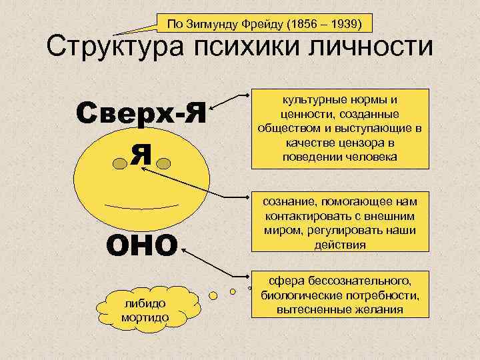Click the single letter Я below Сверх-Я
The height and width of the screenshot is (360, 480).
coord(141,155)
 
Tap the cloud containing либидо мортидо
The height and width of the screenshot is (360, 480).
coord(145,309)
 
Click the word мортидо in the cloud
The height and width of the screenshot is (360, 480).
coord(145,316)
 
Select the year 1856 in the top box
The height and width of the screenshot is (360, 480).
coord(300,25)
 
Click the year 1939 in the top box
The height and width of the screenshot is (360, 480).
coord(344,25)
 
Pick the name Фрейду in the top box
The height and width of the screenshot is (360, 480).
coord(256,25)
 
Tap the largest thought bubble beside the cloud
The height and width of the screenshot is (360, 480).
coord(215,294)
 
